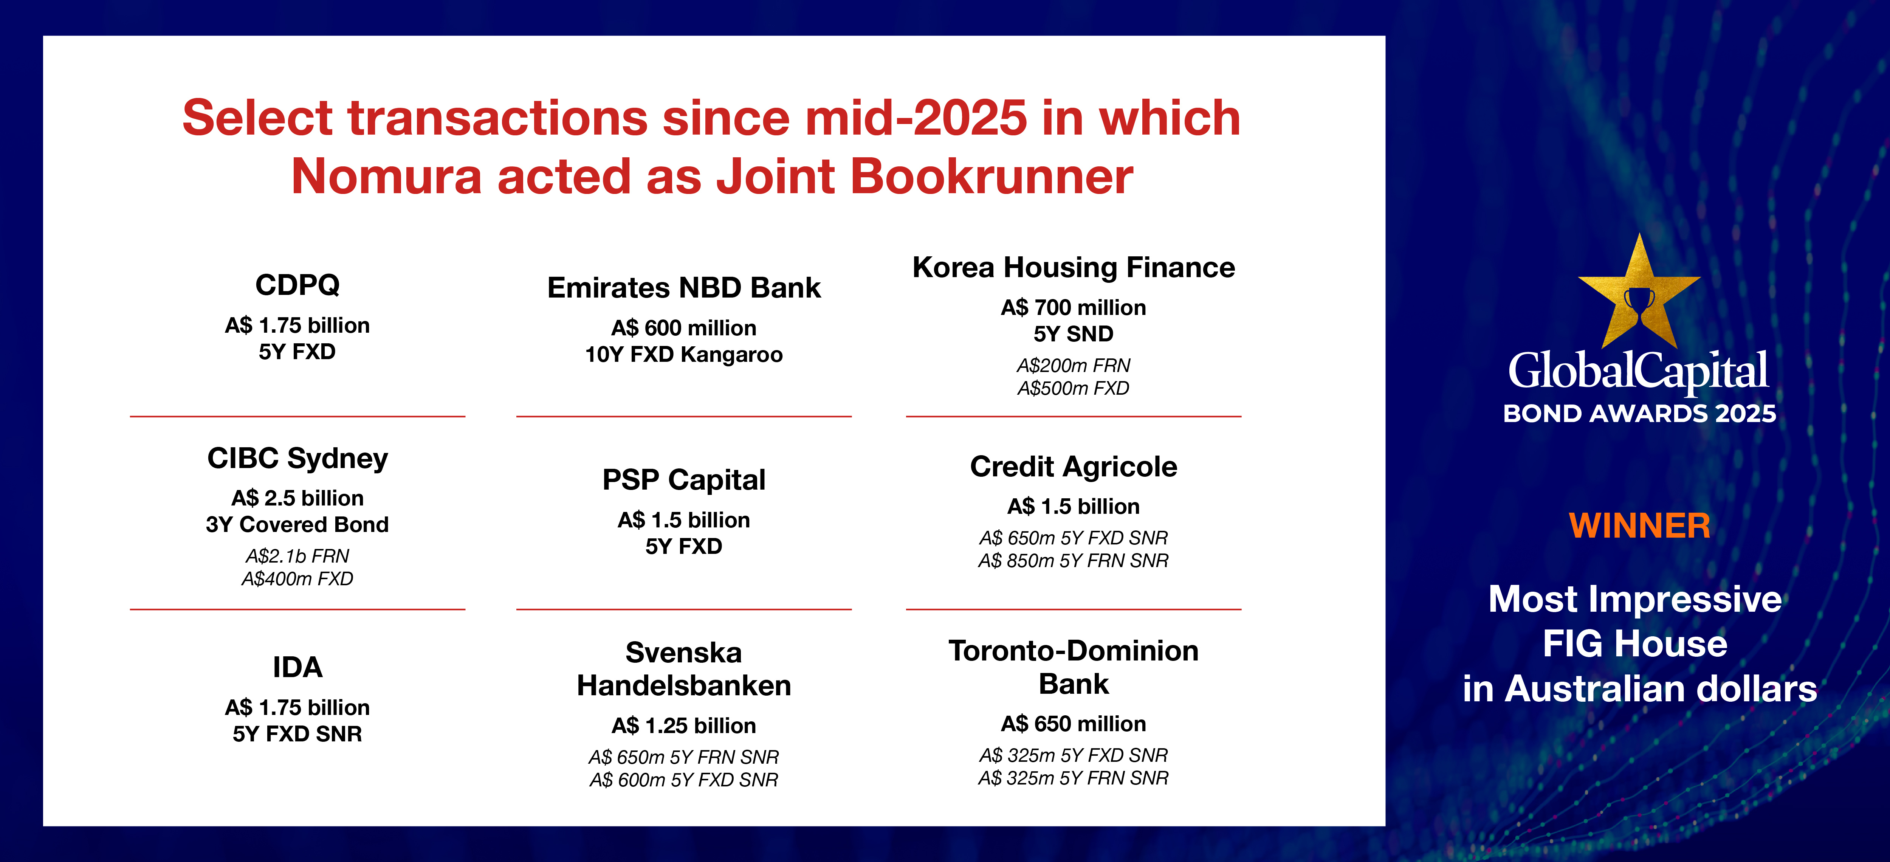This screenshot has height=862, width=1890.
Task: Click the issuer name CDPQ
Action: click(297, 285)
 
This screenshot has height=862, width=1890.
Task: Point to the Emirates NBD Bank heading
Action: click(684, 288)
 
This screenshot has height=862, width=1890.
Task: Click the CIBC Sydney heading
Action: click(297, 459)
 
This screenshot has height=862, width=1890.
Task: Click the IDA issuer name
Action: click(297, 668)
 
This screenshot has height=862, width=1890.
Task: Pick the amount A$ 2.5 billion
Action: click(297, 498)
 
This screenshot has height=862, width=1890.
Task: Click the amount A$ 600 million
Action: click(684, 328)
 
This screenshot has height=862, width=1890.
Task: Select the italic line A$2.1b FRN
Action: click(297, 556)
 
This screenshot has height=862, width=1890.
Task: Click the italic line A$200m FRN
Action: click(1074, 365)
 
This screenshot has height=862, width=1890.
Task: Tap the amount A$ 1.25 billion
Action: click(684, 726)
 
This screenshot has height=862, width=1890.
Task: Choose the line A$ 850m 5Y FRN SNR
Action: click(1074, 561)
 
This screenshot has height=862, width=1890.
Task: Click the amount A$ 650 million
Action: click(1074, 724)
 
